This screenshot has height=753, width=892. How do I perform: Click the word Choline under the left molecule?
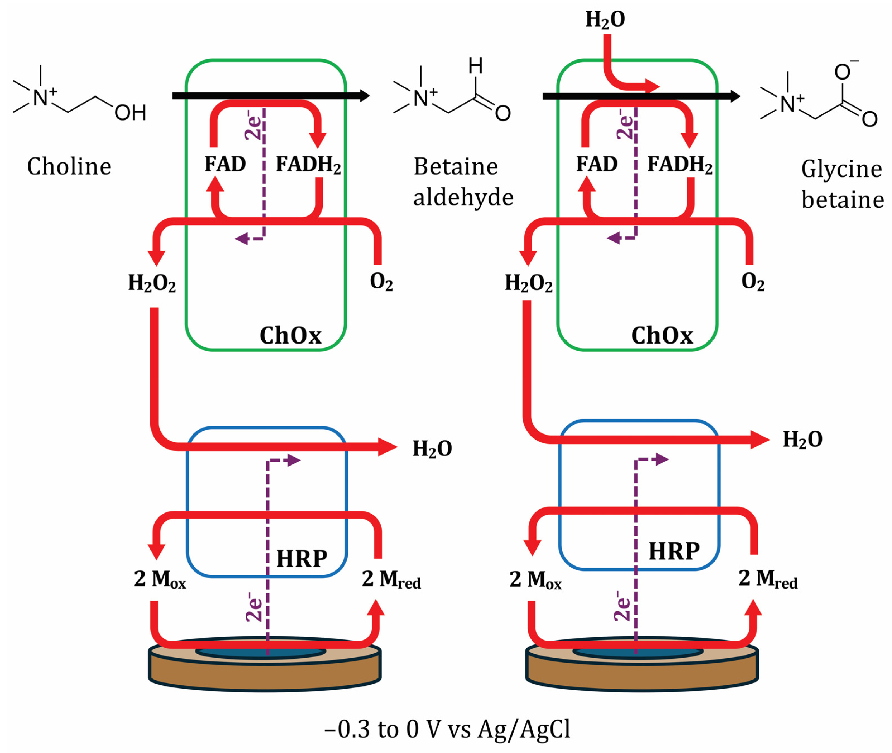69,166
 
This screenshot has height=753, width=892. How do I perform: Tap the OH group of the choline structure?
130,113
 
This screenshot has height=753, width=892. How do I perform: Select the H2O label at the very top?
605,20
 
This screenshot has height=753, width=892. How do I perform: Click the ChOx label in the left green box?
290,335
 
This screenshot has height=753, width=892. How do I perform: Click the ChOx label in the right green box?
662,335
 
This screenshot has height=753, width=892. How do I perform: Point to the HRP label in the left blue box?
302,559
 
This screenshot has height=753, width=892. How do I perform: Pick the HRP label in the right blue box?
674,551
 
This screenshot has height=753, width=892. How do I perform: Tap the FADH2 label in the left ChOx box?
308,164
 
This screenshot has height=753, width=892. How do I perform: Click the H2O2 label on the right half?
528,283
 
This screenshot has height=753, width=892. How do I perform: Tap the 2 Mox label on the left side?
160,579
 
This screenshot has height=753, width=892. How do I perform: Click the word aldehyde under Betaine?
463,198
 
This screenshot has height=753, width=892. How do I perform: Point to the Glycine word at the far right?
841,169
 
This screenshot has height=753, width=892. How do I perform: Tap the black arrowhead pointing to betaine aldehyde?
364,96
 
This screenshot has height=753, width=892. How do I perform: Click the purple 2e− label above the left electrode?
254,606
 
